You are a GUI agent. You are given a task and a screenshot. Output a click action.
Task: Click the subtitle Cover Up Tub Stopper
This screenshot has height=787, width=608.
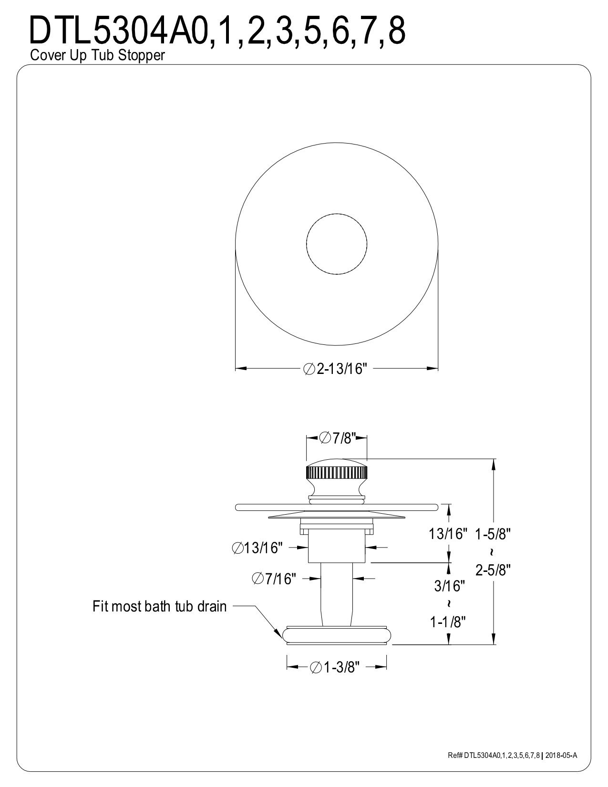[97, 56]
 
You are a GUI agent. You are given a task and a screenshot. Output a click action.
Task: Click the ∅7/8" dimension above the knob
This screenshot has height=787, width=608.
[336, 438]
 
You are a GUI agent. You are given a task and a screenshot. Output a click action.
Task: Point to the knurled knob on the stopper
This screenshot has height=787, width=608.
[336, 475]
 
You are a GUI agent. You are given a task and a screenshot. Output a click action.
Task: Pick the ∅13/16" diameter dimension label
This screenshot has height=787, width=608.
[258, 548]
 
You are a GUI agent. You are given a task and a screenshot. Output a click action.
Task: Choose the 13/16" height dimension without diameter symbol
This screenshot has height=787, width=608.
[448, 534]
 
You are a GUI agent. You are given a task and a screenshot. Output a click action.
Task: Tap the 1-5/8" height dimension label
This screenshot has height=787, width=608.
[493, 534]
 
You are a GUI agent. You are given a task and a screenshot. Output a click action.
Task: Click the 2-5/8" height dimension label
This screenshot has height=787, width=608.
[493, 570]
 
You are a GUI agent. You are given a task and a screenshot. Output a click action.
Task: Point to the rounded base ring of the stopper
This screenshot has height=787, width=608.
[337, 635]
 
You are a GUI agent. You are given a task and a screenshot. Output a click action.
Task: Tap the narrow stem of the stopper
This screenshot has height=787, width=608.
[337, 594]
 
